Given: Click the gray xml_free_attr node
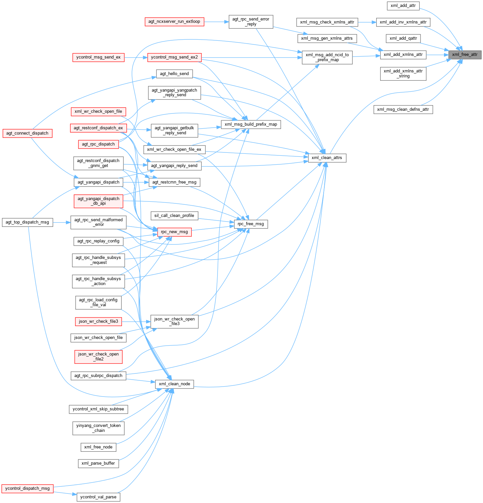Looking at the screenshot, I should (x=464, y=55).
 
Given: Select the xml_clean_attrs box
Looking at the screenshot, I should (x=327, y=158).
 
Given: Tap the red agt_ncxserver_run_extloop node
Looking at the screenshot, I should (x=174, y=22).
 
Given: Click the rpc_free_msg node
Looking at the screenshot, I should (x=251, y=224).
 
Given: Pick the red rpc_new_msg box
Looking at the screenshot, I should (x=174, y=232).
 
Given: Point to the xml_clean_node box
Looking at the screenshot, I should (x=174, y=384).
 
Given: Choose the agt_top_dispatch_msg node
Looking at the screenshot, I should (x=27, y=222).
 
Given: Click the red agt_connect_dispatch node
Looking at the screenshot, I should (x=27, y=133).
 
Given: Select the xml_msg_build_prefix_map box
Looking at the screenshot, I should (x=251, y=124).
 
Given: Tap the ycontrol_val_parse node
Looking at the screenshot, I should (x=98, y=497).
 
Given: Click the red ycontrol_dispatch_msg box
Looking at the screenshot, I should (x=27, y=488).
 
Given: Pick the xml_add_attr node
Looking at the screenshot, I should (x=403, y=6).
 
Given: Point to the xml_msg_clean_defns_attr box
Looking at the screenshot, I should (x=403, y=109).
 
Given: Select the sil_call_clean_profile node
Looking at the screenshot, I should (x=174, y=216).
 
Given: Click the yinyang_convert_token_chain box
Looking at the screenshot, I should (x=98, y=428).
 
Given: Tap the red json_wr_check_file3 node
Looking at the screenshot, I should (x=98, y=321).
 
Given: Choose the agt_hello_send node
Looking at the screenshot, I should (x=174, y=74).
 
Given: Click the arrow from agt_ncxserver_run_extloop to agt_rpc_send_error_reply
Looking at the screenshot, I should (x=216, y=22).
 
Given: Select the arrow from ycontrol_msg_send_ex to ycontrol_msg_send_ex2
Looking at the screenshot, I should (x=136, y=57).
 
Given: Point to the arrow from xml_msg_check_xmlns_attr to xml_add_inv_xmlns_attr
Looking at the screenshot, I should (x=367, y=22).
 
